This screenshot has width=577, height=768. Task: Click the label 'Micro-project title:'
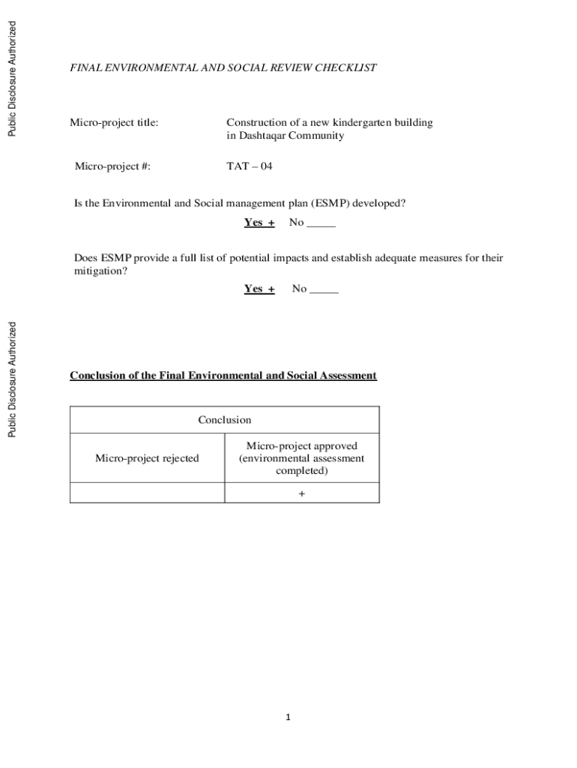[x=114, y=122]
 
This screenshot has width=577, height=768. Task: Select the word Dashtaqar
[x=263, y=136]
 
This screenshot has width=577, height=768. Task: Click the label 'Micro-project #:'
[x=112, y=166]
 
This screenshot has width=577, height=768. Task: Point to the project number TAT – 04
[x=250, y=166]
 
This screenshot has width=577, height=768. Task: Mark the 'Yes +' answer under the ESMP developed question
[x=259, y=223]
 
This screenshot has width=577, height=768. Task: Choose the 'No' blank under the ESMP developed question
[x=312, y=223]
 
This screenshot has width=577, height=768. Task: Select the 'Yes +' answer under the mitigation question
[x=259, y=289]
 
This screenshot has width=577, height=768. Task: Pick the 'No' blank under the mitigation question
[x=315, y=289]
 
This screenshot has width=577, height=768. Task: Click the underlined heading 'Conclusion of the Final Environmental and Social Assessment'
[x=223, y=375]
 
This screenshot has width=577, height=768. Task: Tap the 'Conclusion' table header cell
[x=225, y=420]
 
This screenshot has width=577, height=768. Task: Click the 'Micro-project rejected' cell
[x=147, y=457]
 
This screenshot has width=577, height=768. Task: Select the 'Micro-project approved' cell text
[x=302, y=457]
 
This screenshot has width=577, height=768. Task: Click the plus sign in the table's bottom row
[x=302, y=493]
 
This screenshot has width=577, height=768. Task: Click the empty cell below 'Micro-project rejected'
[x=147, y=493]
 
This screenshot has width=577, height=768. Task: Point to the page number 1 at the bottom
[x=287, y=718]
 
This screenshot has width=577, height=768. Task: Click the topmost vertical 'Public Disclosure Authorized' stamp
[x=11, y=79]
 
